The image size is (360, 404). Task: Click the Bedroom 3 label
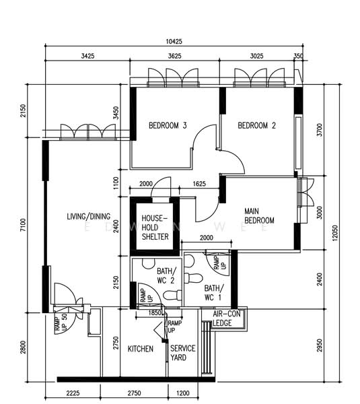coord(168,125)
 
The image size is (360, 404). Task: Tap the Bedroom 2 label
coord(257,125)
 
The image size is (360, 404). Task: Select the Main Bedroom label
coord(259,216)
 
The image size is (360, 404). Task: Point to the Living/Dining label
coord(89,216)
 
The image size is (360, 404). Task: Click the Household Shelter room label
coord(155,228)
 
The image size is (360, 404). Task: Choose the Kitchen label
coord(141,349)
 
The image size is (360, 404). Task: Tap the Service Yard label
coord(182,353)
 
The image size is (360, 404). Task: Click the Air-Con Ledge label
coord(226,318)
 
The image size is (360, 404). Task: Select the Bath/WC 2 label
coord(167,275)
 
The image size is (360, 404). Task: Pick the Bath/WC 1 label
coord(214,293)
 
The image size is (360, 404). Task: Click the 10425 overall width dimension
coord(174,42)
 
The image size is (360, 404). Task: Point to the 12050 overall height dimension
coord(334,233)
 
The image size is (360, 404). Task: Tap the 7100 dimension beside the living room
coord(23,225)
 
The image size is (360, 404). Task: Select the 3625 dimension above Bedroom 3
coord(174,56)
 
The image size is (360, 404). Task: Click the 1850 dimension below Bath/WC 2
coord(155,313)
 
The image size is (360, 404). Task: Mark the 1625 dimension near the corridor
coord(199,184)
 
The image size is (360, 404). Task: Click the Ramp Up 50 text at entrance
coord(61,322)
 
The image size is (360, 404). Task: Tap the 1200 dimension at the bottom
coord(183,393)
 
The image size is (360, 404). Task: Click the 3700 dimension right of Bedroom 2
coord(320,130)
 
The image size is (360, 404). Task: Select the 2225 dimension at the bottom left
coord(73,393)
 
